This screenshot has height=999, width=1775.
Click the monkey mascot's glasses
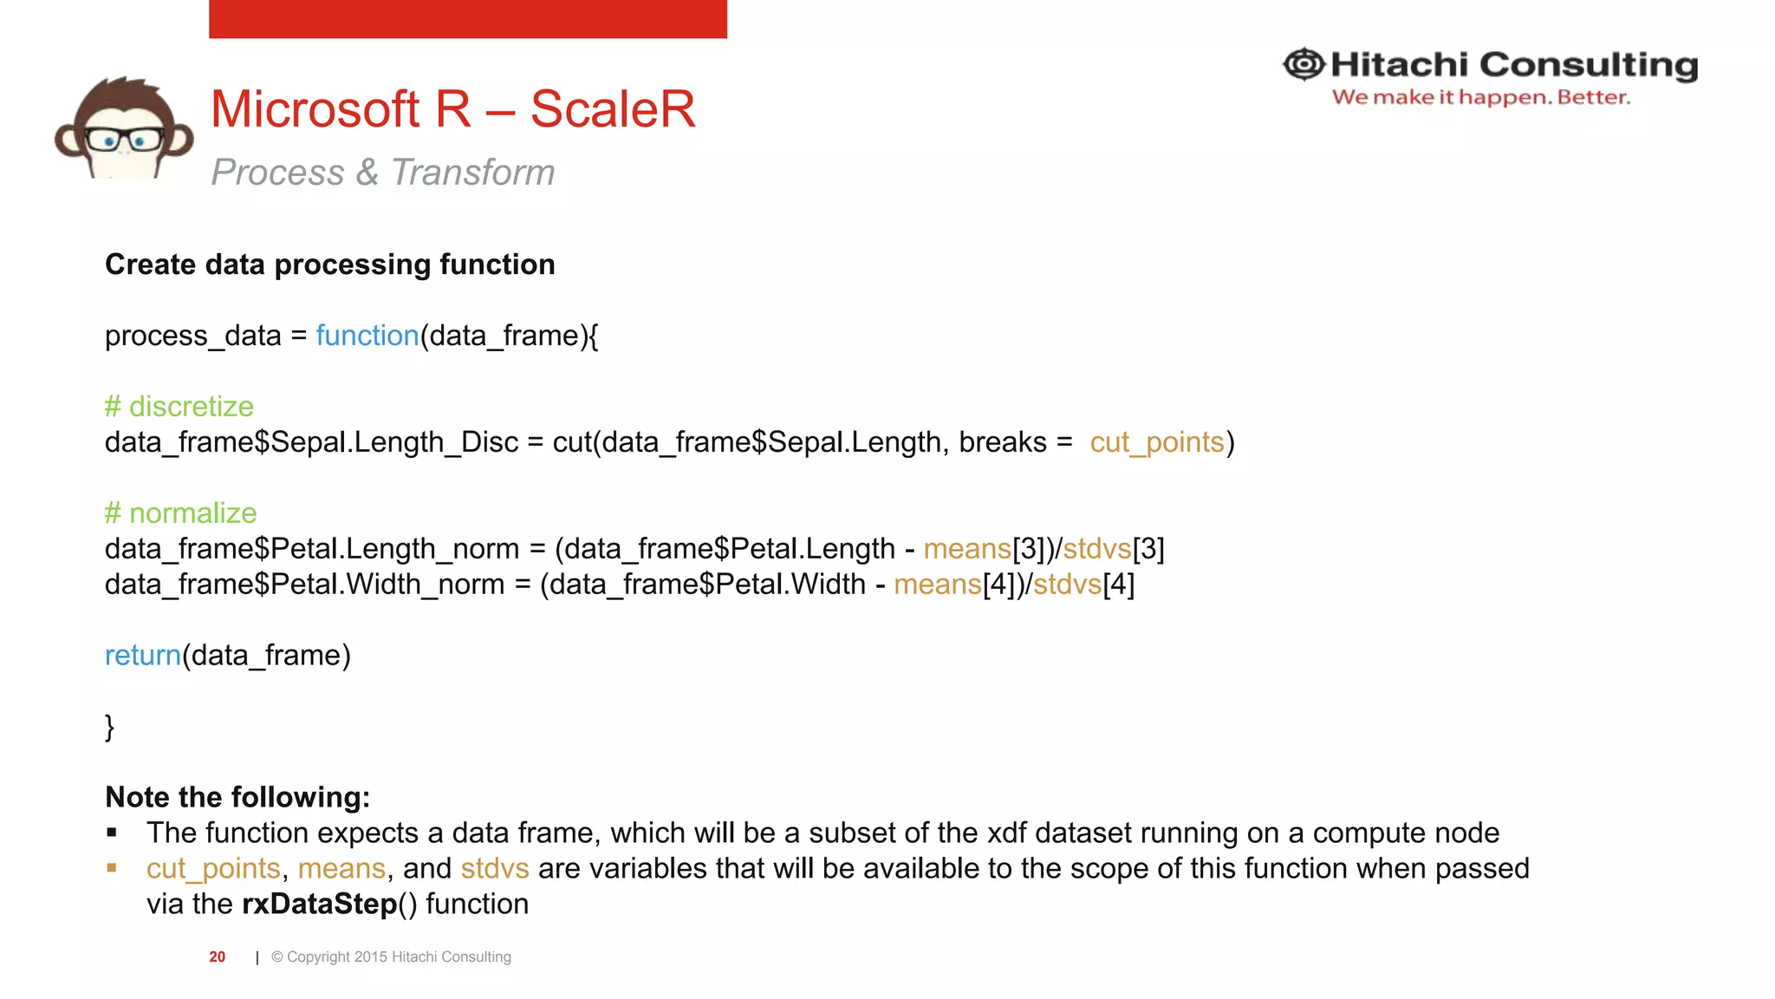click(x=123, y=139)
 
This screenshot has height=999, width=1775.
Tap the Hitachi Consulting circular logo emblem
click(x=1304, y=64)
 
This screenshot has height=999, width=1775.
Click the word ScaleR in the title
click(x=612, y=109)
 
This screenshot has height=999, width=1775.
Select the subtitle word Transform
click(x=472, y=172)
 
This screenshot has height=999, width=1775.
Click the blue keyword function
click(x=367, y=336)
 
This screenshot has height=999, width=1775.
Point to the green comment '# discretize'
click(x=179, y=407)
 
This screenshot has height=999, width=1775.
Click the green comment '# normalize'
click(x=181, y=513)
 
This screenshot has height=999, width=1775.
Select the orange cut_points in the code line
click(x=1157, y=442)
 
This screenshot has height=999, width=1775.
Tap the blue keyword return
click(x=143, y=656)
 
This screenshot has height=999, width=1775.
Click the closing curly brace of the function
click(x=110, y=727)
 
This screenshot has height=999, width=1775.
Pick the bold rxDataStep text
click(x=319, y=904)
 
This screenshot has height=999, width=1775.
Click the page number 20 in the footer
click(x=217, y=957)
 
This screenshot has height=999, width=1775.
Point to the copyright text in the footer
click(x=391, y=957)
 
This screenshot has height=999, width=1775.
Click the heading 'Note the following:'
click(x=237, y=797)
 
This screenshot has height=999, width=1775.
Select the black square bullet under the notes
click(x=112, y=833)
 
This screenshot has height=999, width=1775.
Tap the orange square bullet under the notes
click(x=112, y=868)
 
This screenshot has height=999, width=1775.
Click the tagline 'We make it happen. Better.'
click(x=1480, y=97)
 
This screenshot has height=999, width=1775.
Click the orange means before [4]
click(x=938, y=584)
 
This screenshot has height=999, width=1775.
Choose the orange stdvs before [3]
click(x=1097, y=549)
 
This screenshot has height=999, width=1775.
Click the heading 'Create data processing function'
click(x=330, y=264)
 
